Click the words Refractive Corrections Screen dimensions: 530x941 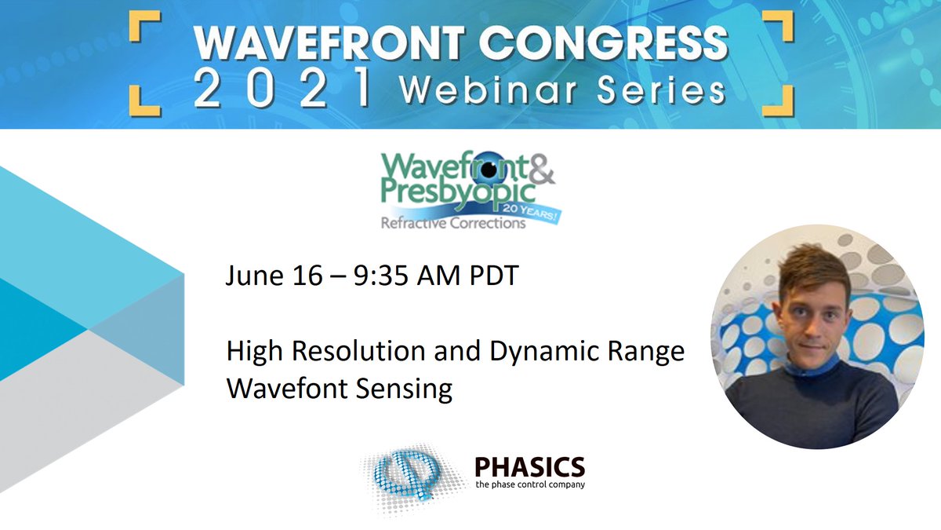[x=452, y=223]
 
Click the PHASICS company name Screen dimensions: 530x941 [x=529, y=467]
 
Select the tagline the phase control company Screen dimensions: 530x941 [x=529, y=484]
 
